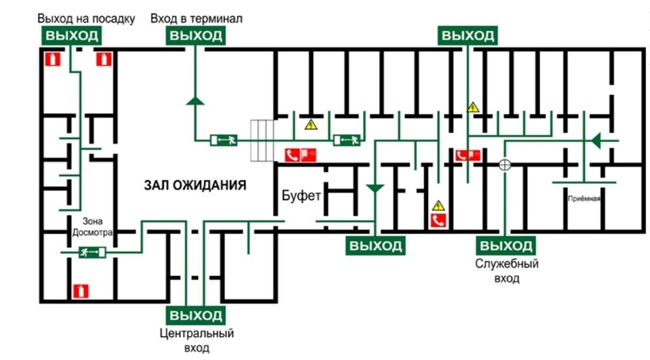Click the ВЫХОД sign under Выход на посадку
pyautogui.click(x=71, y=36)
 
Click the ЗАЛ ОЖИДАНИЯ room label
pyautogui.click(x=195, y=185)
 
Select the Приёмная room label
pyautogui.click(x=583, y=198)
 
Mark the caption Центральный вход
pyautogui.click(x=196, y=340)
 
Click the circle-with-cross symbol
pyautogui.click(x=503, y=165)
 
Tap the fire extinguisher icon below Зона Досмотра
pyautogui.click(x=79, y=290)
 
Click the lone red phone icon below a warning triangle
pyautogui.click(x=437, y=221)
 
